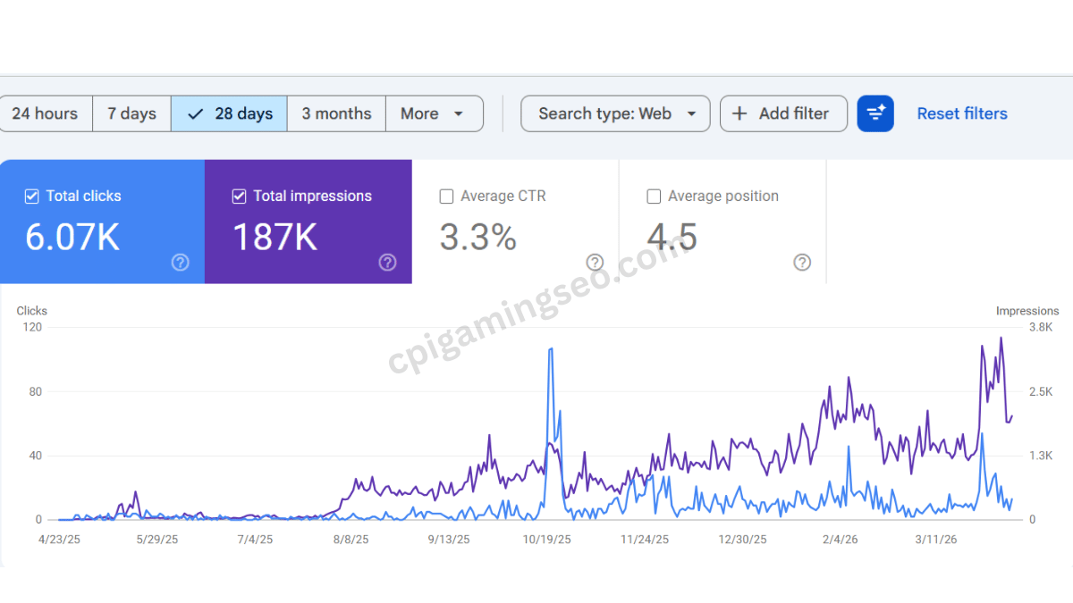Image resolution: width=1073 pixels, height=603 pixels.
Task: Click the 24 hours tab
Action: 45,113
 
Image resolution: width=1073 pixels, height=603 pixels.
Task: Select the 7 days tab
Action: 131,113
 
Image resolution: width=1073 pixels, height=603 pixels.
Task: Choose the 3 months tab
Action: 336,113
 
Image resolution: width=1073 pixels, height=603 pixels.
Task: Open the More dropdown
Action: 434,113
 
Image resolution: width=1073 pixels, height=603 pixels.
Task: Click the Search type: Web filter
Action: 616,113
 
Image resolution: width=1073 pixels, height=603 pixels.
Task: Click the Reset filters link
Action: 962,113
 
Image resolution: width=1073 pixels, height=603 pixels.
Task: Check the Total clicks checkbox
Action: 32,197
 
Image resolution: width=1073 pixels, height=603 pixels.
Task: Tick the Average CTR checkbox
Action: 447,197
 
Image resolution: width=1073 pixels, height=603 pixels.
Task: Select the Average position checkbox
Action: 654,197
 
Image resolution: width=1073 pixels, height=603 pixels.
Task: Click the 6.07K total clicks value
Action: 72,238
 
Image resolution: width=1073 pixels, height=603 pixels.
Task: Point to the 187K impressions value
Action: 275,238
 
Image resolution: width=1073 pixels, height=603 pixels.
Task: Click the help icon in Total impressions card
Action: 387,262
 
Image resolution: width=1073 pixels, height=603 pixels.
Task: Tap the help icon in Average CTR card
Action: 595,262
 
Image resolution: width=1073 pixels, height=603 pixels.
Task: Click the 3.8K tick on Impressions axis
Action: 1041,328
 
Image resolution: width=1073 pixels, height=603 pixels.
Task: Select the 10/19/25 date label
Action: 547,540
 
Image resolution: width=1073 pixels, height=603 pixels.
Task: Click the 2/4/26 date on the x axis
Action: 840,540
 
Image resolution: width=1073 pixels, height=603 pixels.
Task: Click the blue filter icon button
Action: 875,113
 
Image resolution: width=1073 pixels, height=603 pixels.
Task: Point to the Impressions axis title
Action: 1027,311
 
